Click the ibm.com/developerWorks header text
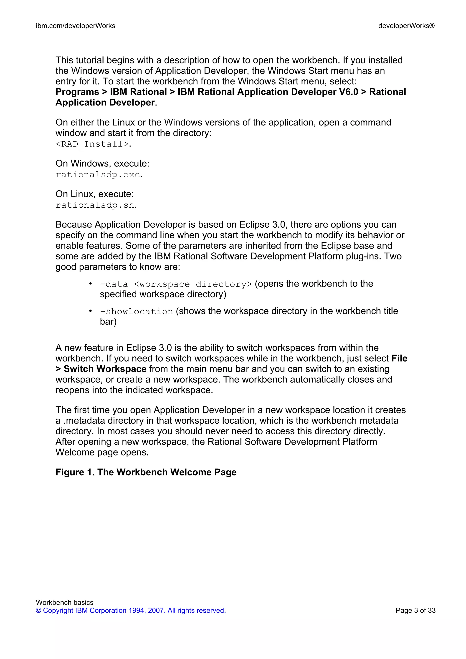pyautogui.click(x=76, y=26)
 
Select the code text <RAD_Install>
pyautogui.click(x=92, y=144)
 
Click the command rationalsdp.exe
pyautogui.click(x=98, y=175)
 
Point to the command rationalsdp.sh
pyautogui.click(x=95, y=205)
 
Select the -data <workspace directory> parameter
pyautogui.click(x=176, y=284)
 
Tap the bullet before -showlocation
pyautogui.click(x=90, y=311)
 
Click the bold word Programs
pyautogui.click(x=77, y=92)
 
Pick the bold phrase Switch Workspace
pyautogui.click(x=105, y=369)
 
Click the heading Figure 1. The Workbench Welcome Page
pyautogui.click(x=146, y=472)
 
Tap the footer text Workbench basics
pyautogui.click(x=65, y=602)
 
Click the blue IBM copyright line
pyautogui.click(x=131, y=611)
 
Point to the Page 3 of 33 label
pyautogui.click(x=415, y=611)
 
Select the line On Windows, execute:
pyautogui.click(x=102, y=163)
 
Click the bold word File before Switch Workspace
pyautogui.click(x=399, y=358)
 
